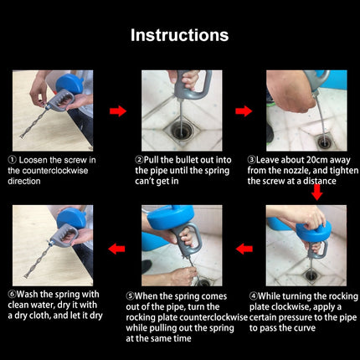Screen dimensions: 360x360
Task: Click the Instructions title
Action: point(180,35)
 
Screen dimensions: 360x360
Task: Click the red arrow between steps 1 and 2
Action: point(118,111)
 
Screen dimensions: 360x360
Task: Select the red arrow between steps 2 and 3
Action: point(244,111)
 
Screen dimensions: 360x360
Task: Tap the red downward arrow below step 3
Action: point(317,193)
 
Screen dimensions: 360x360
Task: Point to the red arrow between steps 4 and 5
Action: point(244,248)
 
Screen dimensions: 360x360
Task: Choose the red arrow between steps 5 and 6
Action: point(118,248)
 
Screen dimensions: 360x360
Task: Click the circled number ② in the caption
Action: point(139,158)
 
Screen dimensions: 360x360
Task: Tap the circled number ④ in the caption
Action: point(255,296)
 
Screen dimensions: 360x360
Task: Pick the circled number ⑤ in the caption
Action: point(130,296)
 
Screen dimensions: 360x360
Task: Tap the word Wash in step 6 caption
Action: point(32,296)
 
